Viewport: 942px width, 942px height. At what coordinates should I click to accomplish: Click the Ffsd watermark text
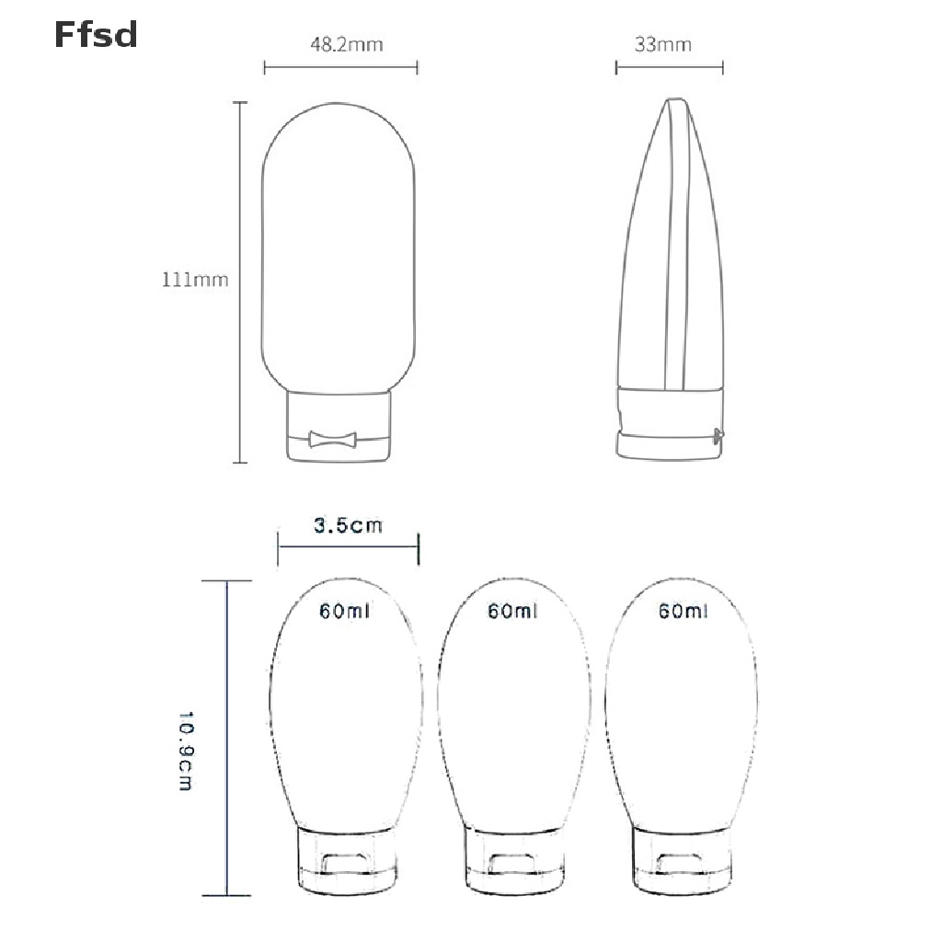(x=96, y=35)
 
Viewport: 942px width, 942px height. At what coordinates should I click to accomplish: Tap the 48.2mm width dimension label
(x=347, y=44)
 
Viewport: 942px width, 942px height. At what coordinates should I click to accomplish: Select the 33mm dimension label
(x=662, y=44)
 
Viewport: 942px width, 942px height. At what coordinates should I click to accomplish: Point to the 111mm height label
(x=195, y=280)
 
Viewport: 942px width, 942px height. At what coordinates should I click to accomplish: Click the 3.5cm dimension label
(x=348, y=525)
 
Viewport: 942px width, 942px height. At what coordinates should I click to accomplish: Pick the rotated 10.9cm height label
(x=186, y=751)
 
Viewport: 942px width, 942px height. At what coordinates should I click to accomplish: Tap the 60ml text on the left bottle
(x=344, y=611)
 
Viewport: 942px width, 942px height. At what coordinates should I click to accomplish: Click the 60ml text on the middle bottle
(x=512, y=611)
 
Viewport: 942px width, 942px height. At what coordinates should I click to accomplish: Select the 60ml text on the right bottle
(x=684, y=611)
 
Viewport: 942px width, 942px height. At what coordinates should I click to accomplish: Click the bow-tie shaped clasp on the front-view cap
(x=332, y=439)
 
